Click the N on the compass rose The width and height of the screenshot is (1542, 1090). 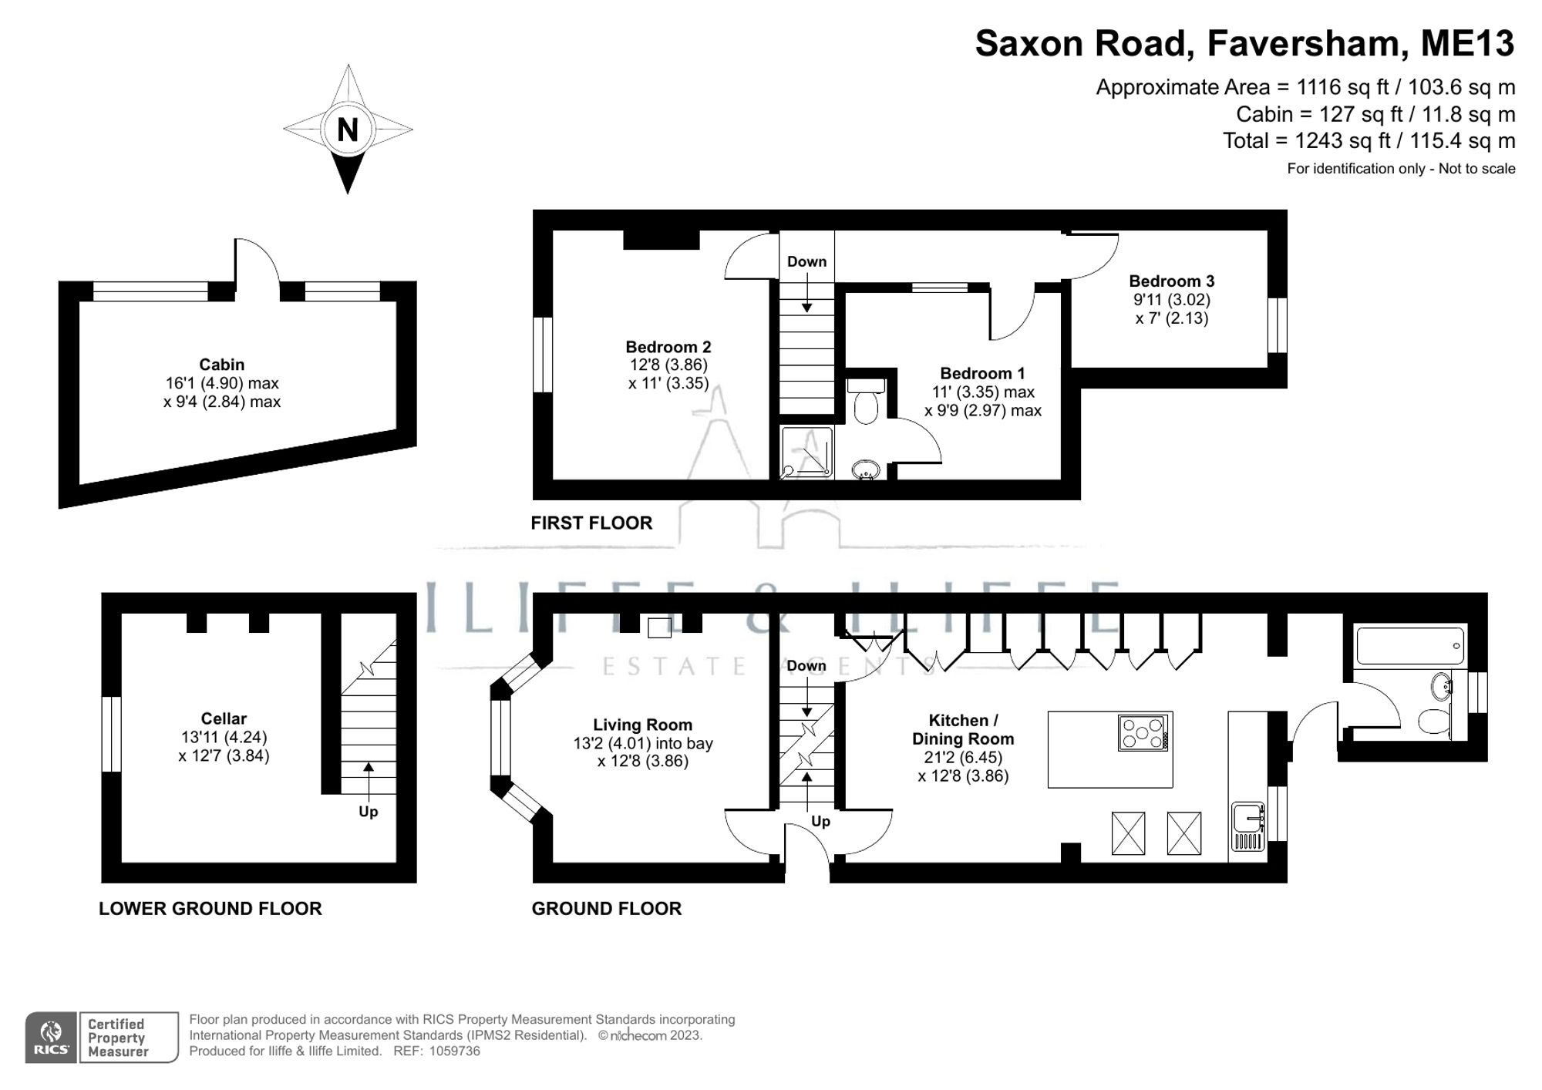[x=348, y=130]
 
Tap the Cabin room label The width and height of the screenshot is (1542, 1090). [x=221, y=365]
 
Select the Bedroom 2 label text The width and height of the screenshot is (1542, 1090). [x=668, y=347]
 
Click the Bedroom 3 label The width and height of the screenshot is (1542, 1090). [x=1170, y=281]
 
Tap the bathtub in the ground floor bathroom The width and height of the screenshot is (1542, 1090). [x=1410, y=646]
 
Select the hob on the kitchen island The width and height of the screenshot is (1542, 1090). [x=1143, y=732]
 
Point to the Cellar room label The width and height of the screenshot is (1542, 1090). [x=224, y=718]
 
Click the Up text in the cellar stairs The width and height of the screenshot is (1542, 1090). [x=369, y=812]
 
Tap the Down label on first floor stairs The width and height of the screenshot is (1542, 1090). [x=806, y=262]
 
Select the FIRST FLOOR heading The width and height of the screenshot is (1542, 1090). [x=591, y=523]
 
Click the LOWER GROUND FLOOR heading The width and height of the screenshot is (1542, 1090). [x=210, y=908]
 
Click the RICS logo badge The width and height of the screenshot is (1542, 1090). [x=51, y=1038]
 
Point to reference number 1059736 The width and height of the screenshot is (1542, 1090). [x=455, y=1051]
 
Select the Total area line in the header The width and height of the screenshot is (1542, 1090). [x=1369, y=141]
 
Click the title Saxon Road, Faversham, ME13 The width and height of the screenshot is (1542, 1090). [x=1244, y=44]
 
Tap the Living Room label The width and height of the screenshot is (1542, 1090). [x=642, y=725]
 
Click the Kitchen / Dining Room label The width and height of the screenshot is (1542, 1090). [x=962, y=729]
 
